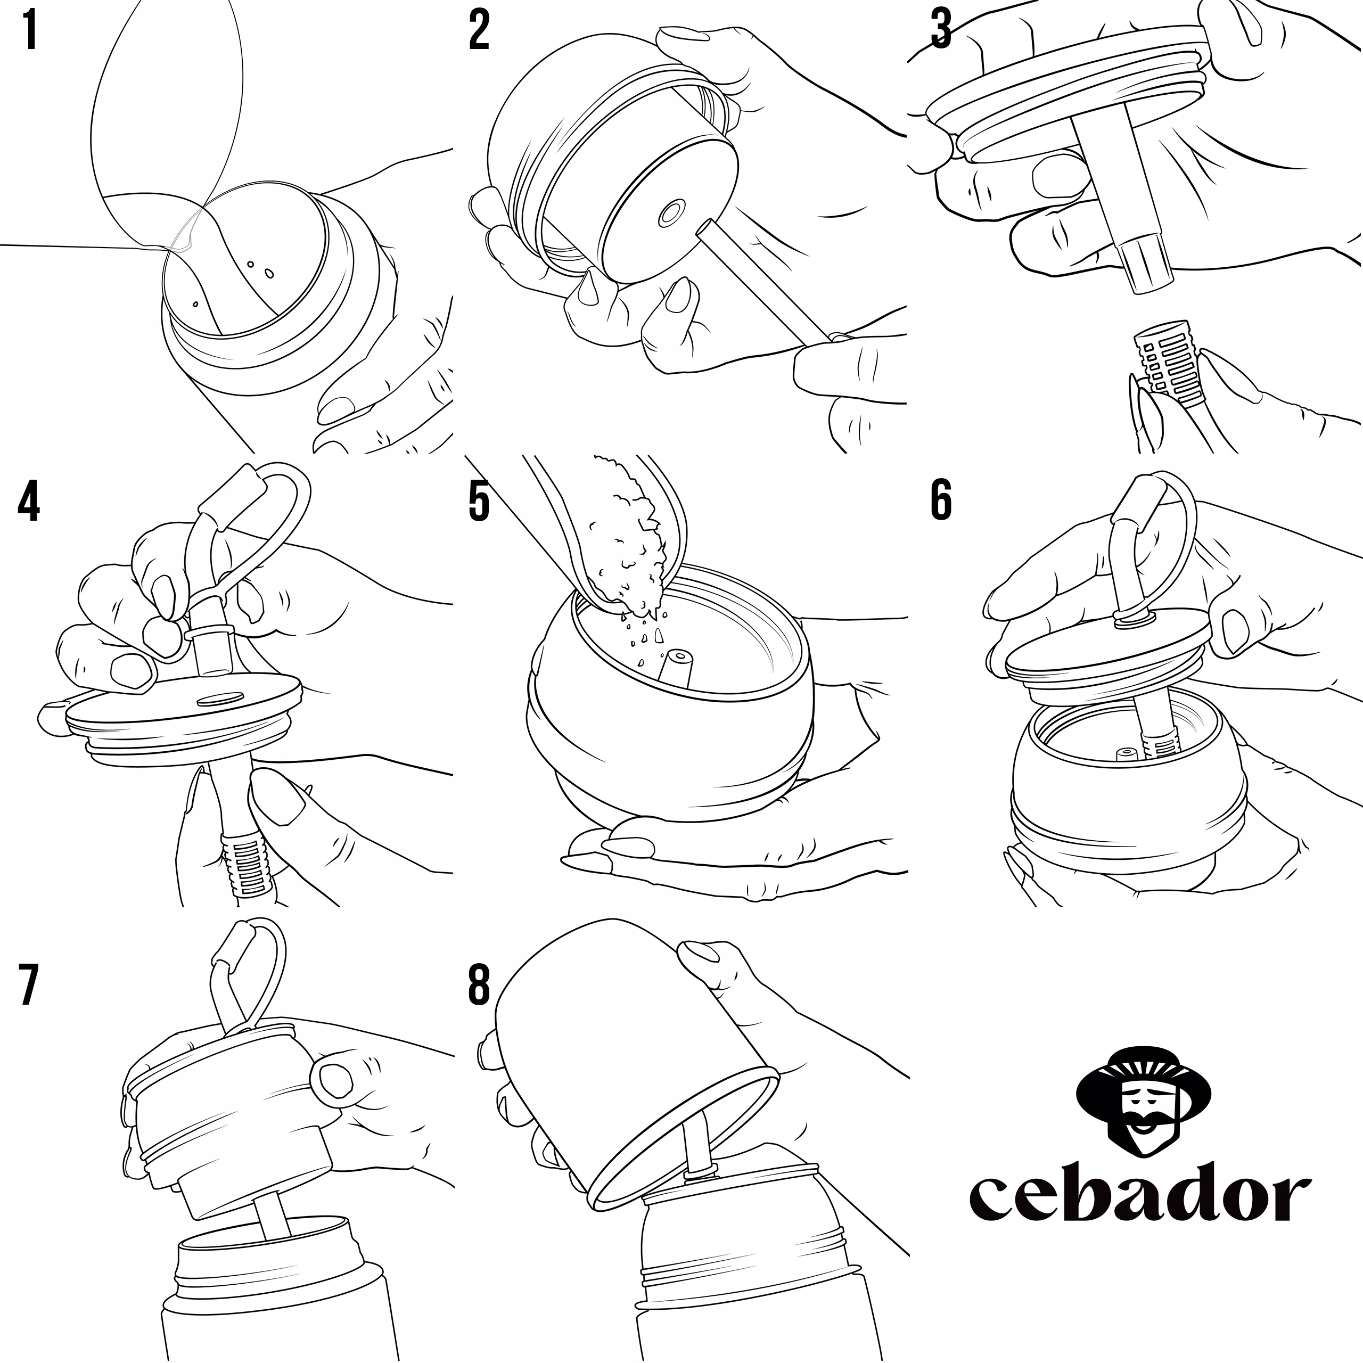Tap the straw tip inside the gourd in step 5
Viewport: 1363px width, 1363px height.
[x=680, y=658]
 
